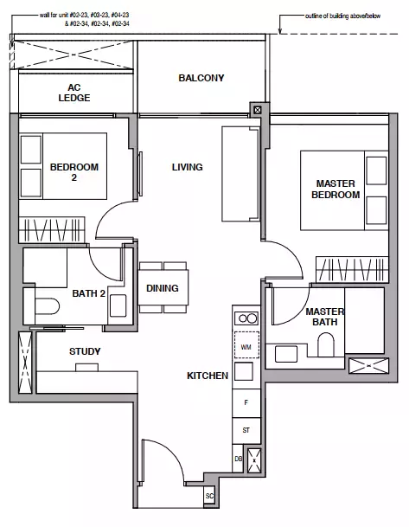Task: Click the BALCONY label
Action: coord(201,78)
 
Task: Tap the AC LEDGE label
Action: coord(74,93)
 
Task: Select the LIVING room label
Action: coord(187,167)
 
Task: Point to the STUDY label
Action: coord(85,351)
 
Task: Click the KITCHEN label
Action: coord(208,376)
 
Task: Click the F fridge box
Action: coord(246,403)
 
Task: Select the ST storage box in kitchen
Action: coord(246,430)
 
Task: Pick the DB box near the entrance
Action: coord(238,459)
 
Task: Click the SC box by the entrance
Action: coord(209,496)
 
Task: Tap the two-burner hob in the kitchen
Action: coord(246,318)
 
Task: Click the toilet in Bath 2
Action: coord(47,306)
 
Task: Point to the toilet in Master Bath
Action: coord(326,344)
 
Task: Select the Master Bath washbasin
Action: coord(286,354)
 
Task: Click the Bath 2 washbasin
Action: coord(118,305)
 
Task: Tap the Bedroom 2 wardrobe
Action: coord(52,230)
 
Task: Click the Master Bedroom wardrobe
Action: coord(352,269)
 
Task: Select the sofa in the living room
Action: coord(240,174)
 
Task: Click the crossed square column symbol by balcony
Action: coord(258,110)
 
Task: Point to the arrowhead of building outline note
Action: coord(280,32)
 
